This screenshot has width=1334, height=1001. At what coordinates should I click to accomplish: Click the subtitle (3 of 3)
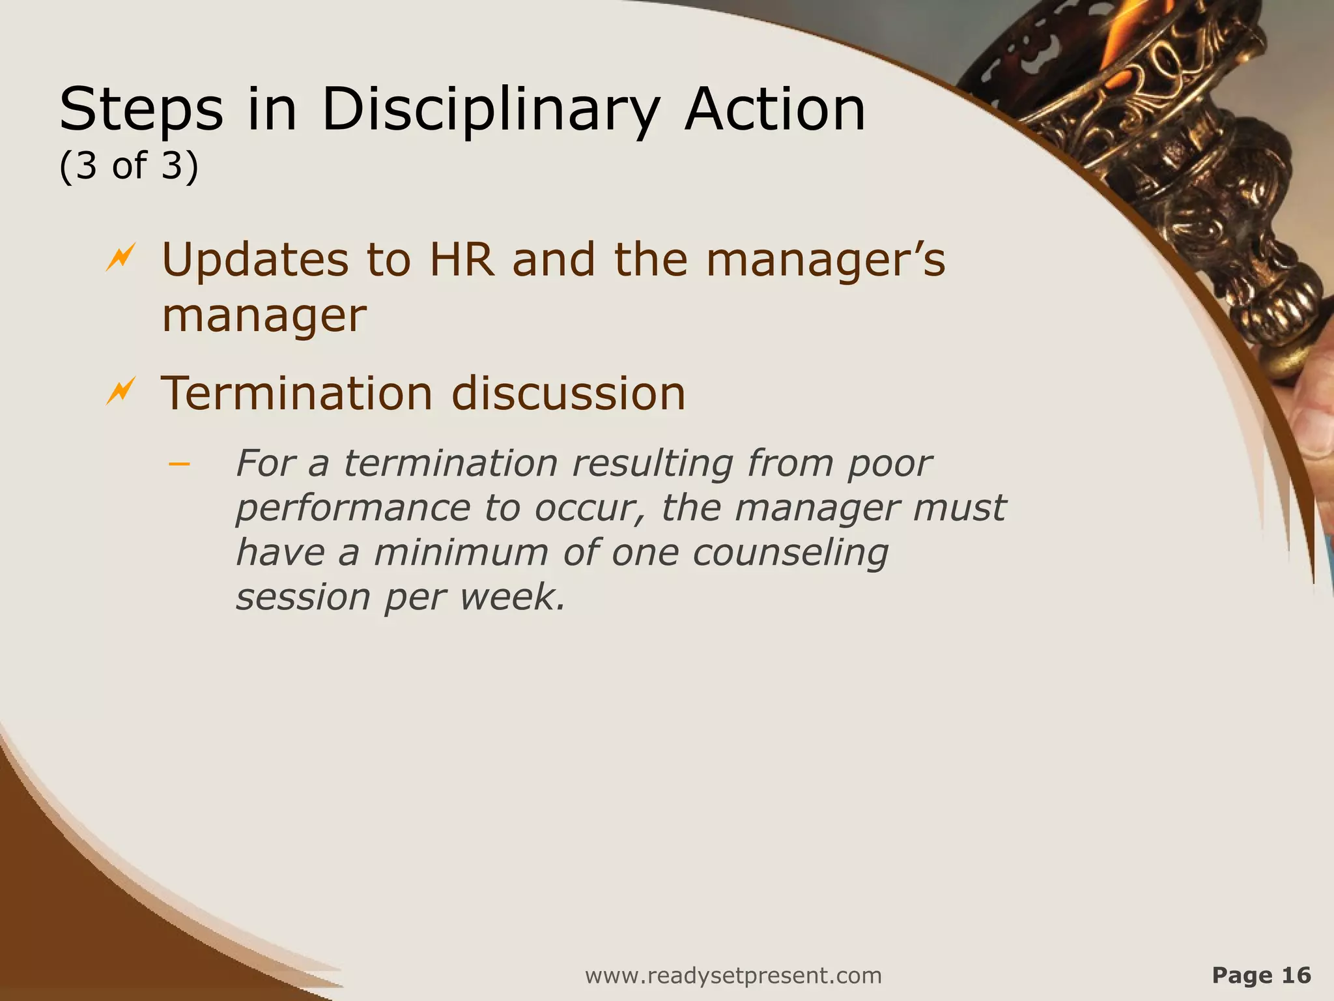[129, 166]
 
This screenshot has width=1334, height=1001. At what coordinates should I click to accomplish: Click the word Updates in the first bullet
[255, 259]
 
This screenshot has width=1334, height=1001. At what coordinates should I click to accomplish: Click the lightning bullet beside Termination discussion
[121, 391]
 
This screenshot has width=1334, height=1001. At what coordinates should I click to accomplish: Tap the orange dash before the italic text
[178, 464]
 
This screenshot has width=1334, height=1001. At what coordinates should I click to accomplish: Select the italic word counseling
[789, 553]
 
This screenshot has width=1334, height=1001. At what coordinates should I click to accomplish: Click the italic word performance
[352, 508]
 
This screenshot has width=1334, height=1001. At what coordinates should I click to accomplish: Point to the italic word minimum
[461, 553]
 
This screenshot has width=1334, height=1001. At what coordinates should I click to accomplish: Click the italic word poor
[890, 464]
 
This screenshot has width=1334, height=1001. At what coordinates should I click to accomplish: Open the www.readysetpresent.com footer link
[733, 976]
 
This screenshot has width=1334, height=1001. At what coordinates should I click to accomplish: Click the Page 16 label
[1261, 975]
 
